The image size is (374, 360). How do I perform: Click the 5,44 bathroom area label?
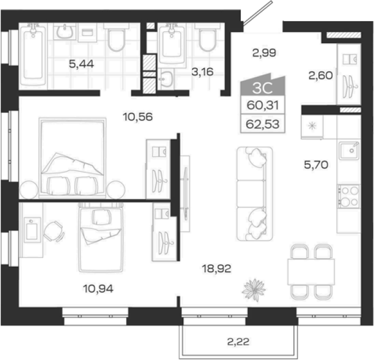(81, 64)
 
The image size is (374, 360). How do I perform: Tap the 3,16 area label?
(202, 71)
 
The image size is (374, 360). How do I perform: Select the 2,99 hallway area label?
(264, 53)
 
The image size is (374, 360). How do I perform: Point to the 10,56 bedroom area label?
(138, 117)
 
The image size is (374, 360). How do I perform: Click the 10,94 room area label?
(98, 289)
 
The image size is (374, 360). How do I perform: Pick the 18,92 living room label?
(216, 269)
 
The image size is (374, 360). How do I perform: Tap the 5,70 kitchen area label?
(316, 165)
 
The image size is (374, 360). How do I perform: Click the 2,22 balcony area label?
(238, 342)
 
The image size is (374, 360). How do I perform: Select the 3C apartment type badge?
(263, 85)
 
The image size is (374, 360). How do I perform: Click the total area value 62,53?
(263, 124)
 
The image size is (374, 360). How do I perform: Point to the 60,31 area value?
(263, 105)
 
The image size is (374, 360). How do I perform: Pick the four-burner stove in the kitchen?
(348, 196)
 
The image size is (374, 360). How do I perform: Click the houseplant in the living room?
(254, 290)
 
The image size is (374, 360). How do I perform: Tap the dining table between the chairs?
(311, 272)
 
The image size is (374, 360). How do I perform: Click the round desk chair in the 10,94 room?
(54, 231)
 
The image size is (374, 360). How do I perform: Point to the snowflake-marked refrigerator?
(312, 126)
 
